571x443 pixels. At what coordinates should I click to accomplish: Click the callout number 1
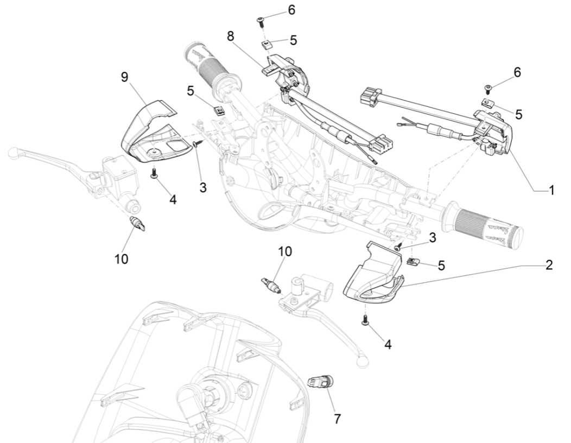551,191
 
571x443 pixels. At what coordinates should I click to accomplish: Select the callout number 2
549,265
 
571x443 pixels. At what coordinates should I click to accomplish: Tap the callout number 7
337,419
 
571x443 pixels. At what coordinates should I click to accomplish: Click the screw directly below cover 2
365,321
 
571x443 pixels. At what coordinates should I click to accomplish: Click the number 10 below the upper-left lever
122,258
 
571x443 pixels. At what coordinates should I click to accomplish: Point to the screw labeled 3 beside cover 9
196,144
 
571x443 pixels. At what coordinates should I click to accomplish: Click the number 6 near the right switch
517,72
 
